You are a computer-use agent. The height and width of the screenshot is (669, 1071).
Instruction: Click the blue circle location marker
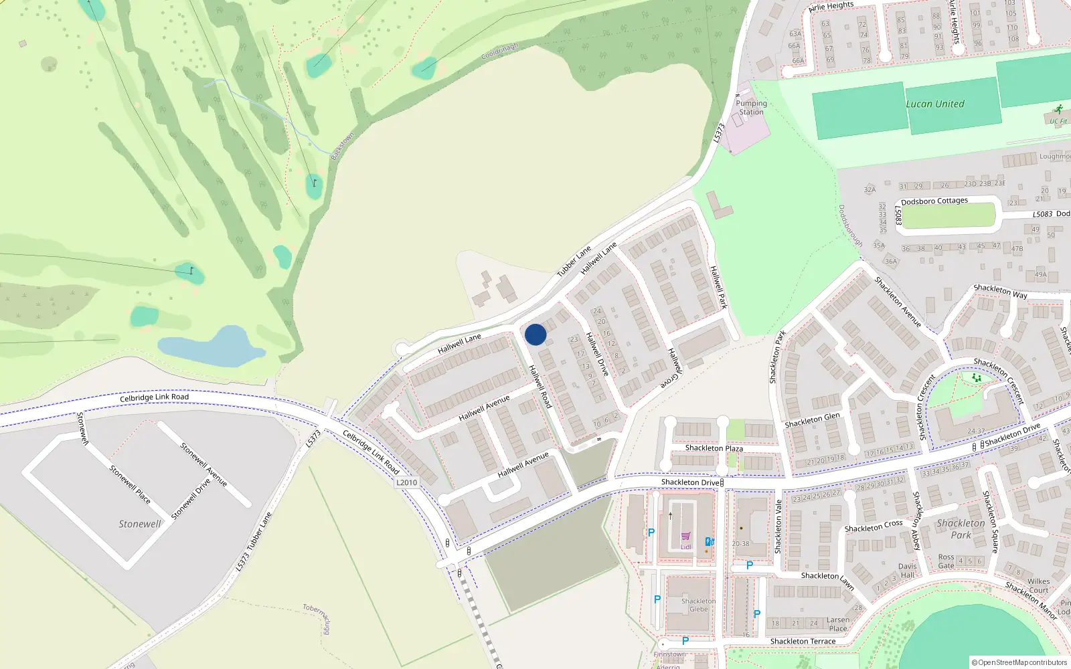[535, 334]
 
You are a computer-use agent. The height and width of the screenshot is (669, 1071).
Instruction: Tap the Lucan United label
[935, 104]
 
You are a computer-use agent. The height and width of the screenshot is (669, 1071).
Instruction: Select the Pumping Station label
[751, 108]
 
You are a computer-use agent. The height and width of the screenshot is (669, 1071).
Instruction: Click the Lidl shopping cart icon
[686, 536]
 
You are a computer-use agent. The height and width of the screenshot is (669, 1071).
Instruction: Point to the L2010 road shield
[406, 482]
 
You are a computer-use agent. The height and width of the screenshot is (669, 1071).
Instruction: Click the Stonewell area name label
[140, 524]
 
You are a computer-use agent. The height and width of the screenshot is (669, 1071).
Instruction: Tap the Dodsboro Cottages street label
[934, 201]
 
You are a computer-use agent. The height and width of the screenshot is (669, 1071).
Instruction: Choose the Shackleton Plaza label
[714, 448]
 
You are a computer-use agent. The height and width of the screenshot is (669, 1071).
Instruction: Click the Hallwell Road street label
[540, 387]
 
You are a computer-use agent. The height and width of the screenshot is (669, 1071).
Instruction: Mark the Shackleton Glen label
[812, 420]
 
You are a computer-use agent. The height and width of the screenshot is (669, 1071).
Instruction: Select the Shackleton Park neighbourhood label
[961, 529]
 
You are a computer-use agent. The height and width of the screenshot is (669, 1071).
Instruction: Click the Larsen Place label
[838, 624]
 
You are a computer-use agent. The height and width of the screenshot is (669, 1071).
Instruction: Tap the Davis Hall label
[908, 571]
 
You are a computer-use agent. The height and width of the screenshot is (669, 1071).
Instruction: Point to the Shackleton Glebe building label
[698, 605]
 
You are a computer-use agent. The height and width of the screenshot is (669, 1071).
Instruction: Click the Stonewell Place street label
[130, 484]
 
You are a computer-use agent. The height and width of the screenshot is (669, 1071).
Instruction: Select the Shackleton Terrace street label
[803, 642]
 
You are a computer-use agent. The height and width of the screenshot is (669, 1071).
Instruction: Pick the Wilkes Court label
[1039, 585]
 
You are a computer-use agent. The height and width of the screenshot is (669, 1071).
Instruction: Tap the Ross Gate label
[946, 561]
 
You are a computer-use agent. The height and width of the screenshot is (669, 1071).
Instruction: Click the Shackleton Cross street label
[874, 527]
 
